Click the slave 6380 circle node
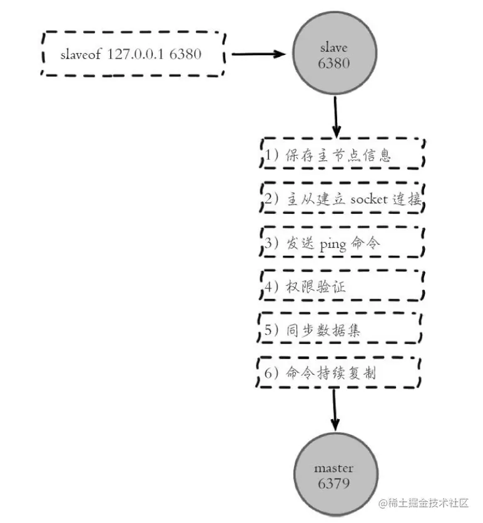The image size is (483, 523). click(x=336, y=55)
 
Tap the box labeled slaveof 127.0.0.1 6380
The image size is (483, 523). click(x=133, y=54)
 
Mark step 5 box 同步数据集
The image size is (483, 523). click(x=338, y=330)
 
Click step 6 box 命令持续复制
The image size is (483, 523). click(x=338, y=373)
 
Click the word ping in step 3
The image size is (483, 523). click(x=332, y=245)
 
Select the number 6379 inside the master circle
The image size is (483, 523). click(x=334, y=483)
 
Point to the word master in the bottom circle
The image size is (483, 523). click(x=334, y=468)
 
